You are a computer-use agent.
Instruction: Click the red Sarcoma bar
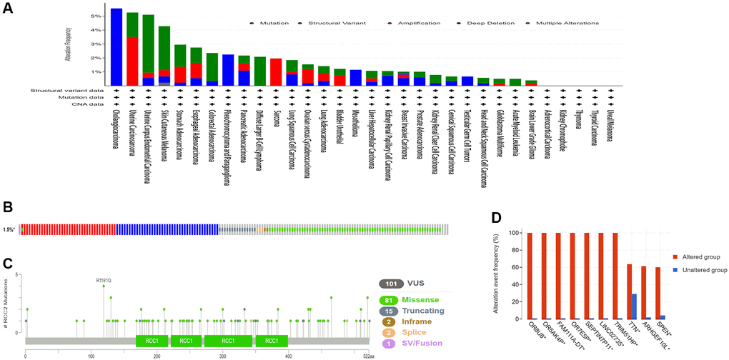[276, 72]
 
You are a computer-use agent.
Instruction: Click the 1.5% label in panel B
[9, 229]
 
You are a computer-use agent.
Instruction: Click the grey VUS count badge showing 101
[392, 284]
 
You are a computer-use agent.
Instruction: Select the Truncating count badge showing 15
[392, 311]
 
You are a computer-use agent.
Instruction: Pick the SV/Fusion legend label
[431, 344]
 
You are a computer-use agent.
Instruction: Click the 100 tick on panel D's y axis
[515, 233]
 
